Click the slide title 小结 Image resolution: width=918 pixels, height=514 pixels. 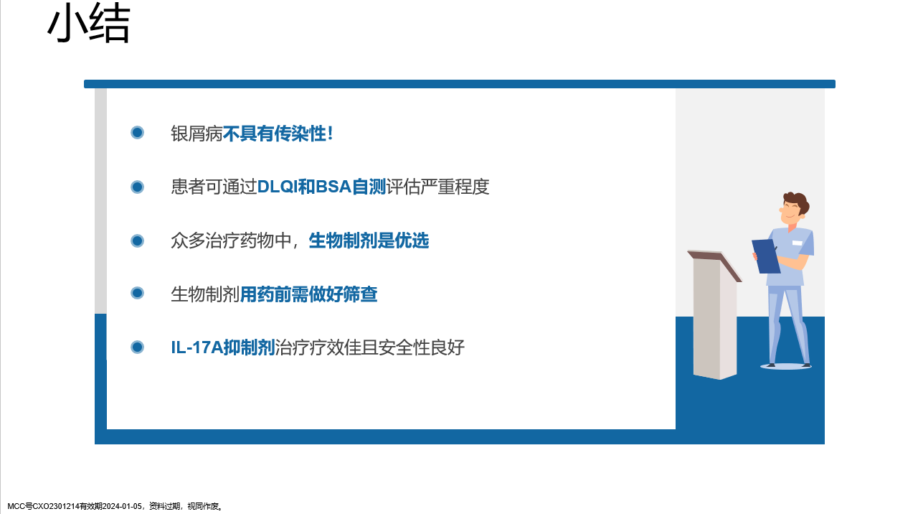click(x=89, y=24)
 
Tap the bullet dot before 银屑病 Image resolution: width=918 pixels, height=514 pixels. click(x=137, y=133)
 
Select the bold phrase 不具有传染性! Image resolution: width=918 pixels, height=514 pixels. click(x=278, y=134)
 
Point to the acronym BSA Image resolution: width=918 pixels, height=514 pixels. click(x=333, y=187)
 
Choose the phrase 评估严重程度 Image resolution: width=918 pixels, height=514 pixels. click(x=437, y=187)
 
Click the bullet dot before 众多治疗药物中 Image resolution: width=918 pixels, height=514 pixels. click(x=137, y=240)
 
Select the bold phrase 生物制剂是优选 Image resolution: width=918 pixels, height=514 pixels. click(x=369, y=240)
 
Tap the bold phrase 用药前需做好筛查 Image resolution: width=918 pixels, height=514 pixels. click(x=308, y=294)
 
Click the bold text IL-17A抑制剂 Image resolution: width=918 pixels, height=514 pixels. click(x=223, y=347)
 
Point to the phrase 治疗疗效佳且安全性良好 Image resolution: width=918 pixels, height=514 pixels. click(x=369, y=347)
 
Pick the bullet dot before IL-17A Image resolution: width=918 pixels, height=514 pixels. click(x=137, y=347)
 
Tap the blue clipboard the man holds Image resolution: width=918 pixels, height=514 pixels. click(x=765, y=256)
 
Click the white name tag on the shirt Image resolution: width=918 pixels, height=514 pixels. click(x=797, y=243)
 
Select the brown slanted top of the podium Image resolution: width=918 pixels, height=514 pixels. click(x=715, y=265)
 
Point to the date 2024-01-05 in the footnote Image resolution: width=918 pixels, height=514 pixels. click(x=122, y=507)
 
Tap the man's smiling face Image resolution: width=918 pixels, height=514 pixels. click(x=790, y=212)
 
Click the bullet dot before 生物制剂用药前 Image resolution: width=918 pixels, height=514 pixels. click(x=137, y=293)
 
